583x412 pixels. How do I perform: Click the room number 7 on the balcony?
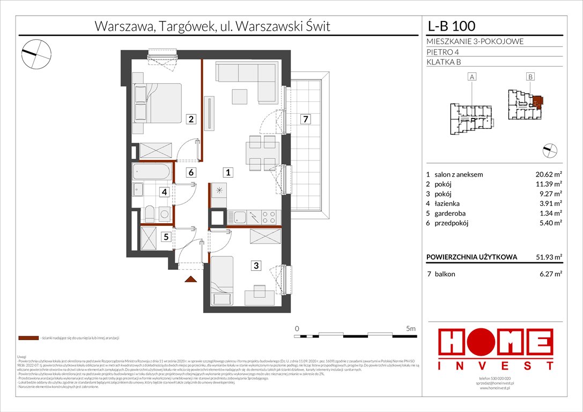(x=304, y=119)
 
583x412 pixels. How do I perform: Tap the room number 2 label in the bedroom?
(x=190, y=119)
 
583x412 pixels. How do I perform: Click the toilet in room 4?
(x=151, y=214)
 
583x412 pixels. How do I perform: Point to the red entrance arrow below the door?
(x=189, y=278)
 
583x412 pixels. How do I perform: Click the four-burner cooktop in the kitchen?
(x=269, y=217)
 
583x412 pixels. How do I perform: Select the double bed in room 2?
(x=156, y=102)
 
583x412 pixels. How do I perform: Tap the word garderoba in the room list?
(x=453, y=214)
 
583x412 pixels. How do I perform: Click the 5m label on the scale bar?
(x=410, y=328)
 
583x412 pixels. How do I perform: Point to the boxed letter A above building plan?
(x=472, y=77)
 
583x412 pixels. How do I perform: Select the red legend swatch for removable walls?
(x=28, y=339)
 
